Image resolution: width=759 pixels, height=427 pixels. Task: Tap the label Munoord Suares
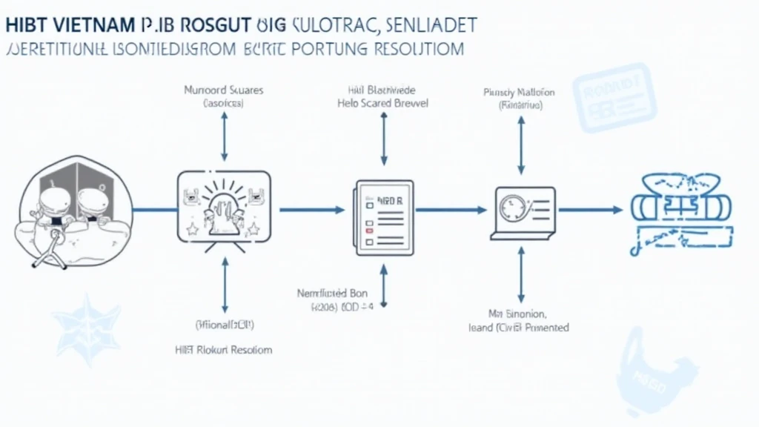coord(223,90)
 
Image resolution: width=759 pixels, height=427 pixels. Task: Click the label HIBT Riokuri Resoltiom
coord(224,349)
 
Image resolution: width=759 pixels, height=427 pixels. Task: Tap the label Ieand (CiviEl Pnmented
coord(519,327)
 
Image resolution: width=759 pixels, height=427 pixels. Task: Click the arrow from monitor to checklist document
coord(311,210)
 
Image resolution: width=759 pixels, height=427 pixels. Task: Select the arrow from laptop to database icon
coord(589,210)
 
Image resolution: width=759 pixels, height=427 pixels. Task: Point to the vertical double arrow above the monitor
coord(224,136)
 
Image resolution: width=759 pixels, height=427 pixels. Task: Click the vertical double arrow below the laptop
coord(520,274)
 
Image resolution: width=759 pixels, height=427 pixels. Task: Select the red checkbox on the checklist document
coord(366,230)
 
